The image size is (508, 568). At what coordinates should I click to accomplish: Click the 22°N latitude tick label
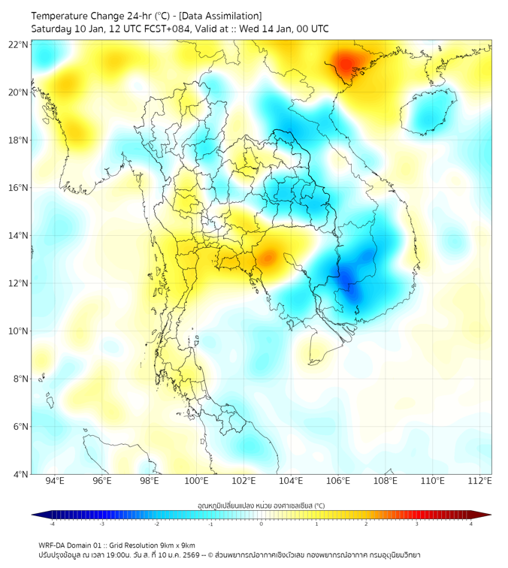pos(19,44)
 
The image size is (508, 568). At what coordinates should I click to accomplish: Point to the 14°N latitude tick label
pos(19,235)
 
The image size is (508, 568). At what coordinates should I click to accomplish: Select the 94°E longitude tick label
pos(55,481)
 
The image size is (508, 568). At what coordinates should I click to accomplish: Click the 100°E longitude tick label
pos(196,481)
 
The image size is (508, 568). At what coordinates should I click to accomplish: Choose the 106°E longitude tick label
pos(338,481)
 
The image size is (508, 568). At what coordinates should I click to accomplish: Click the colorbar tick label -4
pos(52,524)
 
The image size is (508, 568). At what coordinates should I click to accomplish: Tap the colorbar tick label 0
pos(262,524)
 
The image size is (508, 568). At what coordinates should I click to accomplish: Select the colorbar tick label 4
pos(471,524)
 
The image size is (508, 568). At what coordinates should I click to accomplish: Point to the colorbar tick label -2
pos(156,524)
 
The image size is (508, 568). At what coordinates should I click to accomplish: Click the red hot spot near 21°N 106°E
pos(347,63)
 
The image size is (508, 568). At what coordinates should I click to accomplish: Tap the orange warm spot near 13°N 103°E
pos(267,258)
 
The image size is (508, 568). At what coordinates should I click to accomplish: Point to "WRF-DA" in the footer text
pos(53,545)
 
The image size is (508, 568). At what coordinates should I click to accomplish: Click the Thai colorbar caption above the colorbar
pos(261,505)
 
